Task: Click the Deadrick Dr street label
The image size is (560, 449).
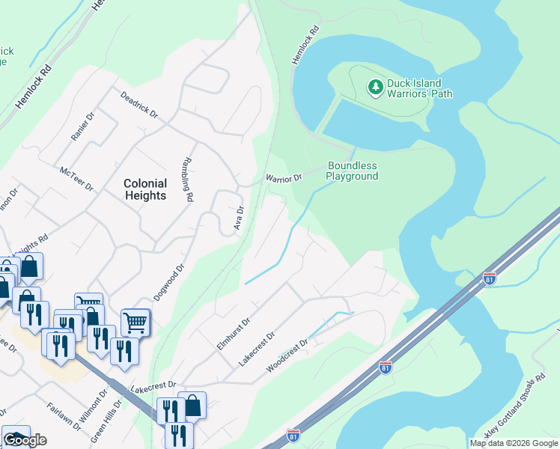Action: [x=139, y=105]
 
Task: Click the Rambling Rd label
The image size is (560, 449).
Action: [x=189, y=180]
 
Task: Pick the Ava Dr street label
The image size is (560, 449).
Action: [x=239, y=218]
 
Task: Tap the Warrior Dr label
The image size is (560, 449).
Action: [x=284, y=178]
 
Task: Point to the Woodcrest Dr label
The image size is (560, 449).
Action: [x=287, y=358]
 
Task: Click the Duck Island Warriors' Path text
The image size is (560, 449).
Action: [x=419, y=88]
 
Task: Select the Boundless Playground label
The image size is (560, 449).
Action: [x=352, y=171]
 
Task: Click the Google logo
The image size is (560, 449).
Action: [x=25, y=440]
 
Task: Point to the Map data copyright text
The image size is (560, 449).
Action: [x=514, y=443]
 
